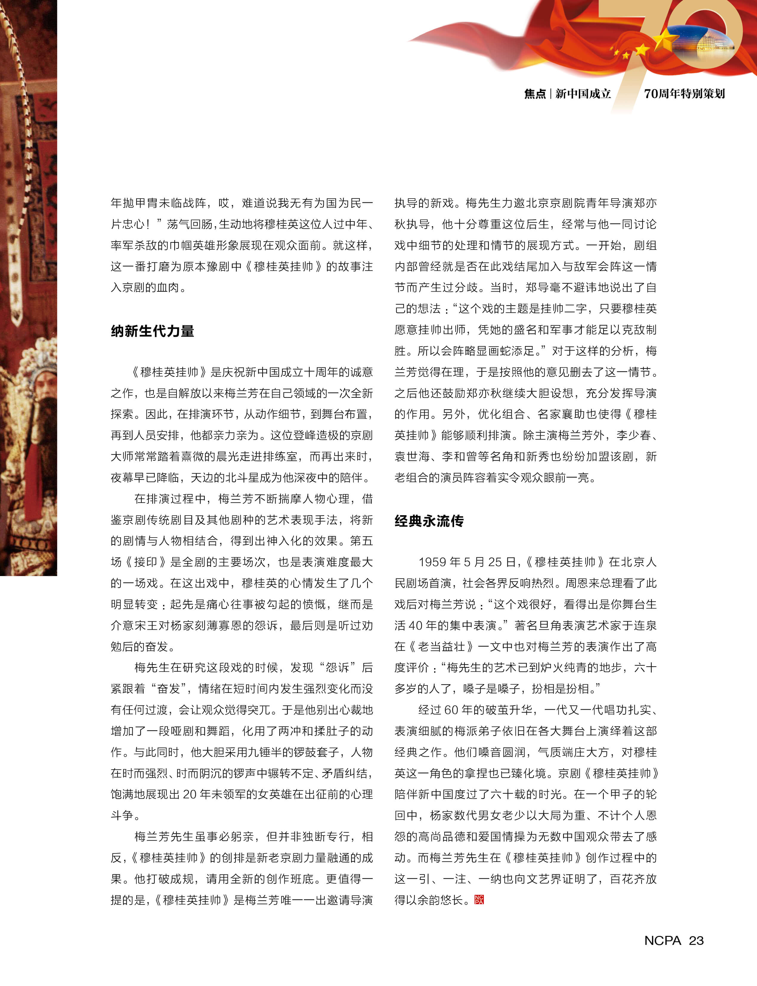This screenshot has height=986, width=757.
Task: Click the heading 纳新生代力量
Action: click(152, 331)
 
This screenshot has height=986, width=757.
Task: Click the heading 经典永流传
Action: click(429, 521)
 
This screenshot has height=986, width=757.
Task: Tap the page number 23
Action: click(696, 940)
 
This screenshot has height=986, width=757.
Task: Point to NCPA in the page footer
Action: click(662, 940)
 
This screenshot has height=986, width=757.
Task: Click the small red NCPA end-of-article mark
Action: click(479, 900)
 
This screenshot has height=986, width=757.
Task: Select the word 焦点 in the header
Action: click(535, 94)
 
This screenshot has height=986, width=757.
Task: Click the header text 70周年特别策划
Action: click(684, 94)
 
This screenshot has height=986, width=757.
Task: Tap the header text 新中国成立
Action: click(583, 94)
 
